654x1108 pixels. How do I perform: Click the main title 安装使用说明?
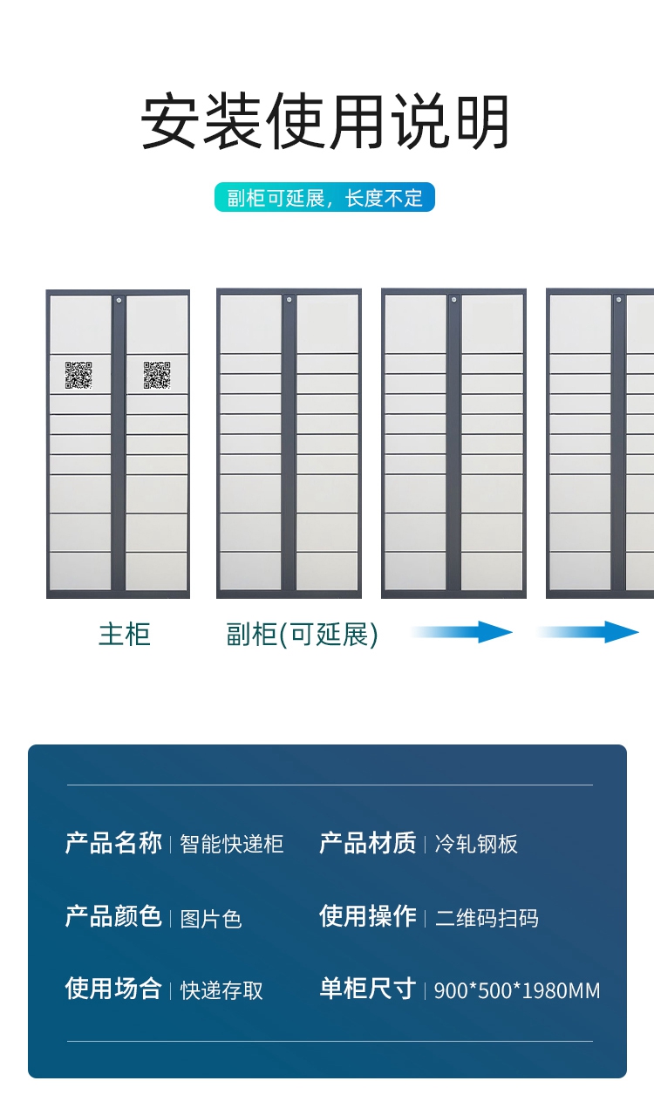click(325, 123)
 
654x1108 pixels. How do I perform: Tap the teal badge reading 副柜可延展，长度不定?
click(324, 198)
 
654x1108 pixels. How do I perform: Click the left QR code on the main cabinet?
click(78, 375)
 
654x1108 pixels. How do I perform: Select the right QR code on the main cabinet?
click(157, 375)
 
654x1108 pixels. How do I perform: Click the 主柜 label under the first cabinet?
click(125, 634)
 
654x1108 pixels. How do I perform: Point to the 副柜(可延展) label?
click(302, 634)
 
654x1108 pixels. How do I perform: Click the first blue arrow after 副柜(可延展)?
click(462, 632)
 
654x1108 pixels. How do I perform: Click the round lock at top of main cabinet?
click(119, 300)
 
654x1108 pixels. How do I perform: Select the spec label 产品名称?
click(113, 843)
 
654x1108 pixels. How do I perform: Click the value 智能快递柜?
click(232, 844)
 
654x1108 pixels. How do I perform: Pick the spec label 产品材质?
click(368, 843)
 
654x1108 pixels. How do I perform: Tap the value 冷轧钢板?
click(476, 844)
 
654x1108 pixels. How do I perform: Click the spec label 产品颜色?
click(113, 916)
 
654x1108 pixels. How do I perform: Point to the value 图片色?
click(211, 919)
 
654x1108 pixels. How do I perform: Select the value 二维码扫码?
click(487, 918)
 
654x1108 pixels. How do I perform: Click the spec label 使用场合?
click(113, 989)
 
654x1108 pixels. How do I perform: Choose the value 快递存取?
click(221, 990)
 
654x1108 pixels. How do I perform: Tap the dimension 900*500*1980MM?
click(517, 990)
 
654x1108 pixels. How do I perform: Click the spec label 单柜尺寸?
click(368, 989)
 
